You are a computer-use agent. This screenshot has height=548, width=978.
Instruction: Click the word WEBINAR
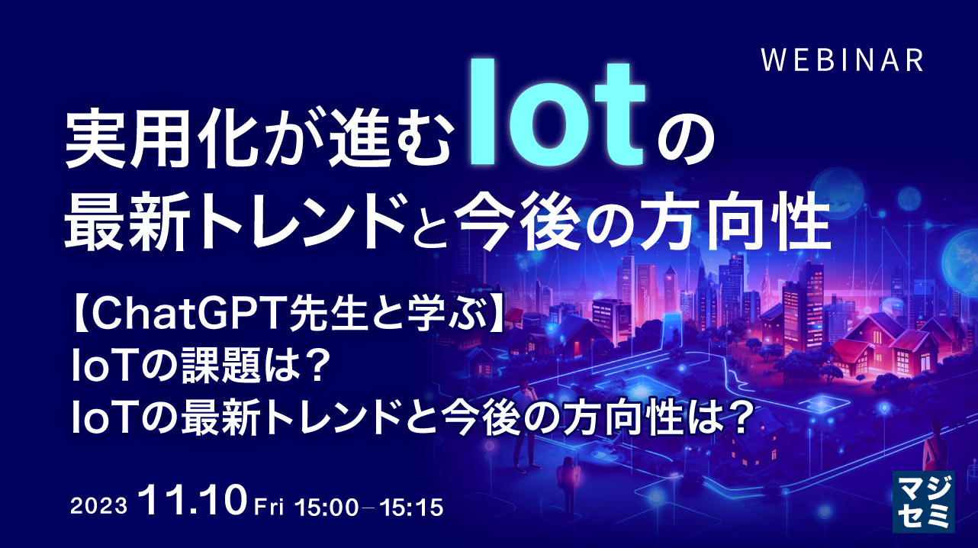coord(843,60)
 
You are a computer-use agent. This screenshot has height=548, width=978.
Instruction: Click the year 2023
coord(98,507)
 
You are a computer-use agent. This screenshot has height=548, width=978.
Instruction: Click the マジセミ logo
coord(924,499)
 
